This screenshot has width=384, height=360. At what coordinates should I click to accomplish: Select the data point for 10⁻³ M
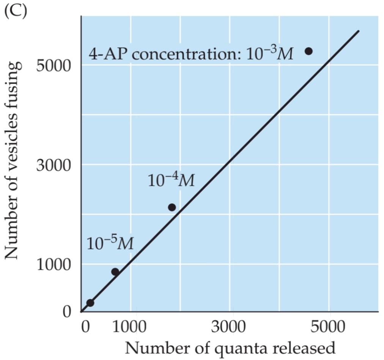pyautogui.click(x=308, y=51)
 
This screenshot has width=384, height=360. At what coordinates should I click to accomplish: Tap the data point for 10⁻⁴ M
pyautogui.click(x=172, y=207)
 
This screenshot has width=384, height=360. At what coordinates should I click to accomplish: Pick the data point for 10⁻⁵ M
pyautogui.click(x=115, y=272)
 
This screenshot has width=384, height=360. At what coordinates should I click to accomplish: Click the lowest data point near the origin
pyautogui.click(x=90, y=303)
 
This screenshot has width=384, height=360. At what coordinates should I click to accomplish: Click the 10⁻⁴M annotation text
pyautogui.click(x=171, y=180)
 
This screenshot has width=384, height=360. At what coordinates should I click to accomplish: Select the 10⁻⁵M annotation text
pyautogui.click(x=110, y=243)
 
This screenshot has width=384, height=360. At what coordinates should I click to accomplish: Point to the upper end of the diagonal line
pyautogui.click(x=358, y=31)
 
